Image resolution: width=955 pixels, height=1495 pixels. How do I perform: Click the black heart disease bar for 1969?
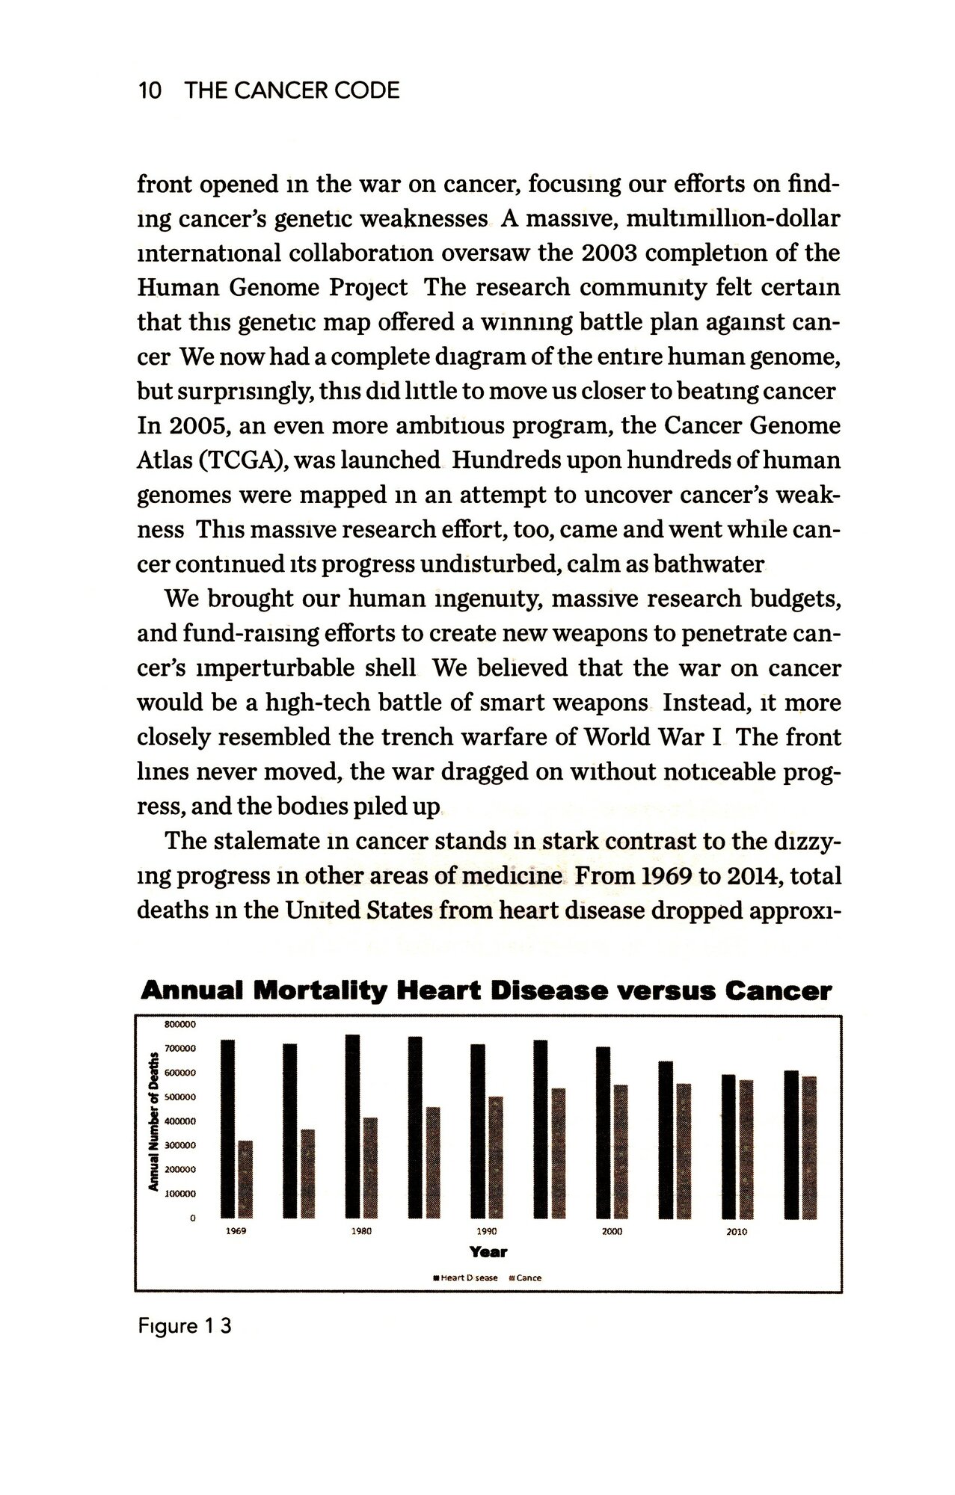[x=228, y=1129]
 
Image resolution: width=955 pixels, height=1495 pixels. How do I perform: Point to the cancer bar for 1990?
[x=496, y=1157]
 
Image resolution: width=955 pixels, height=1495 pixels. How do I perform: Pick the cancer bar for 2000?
[x=621, y=1152]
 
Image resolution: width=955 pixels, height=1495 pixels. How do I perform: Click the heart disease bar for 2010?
[x=728, y=1147]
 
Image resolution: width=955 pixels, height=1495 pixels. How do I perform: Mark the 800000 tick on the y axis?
[x=179, y=1024]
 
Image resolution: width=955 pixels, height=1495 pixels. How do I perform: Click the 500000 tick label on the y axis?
[x=179, y=1097]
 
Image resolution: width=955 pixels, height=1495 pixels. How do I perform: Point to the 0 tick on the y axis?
[x=192, y=1218]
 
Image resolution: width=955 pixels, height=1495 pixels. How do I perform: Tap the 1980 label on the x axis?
[x=361, y=1231]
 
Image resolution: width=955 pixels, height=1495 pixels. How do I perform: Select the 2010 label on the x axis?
[x=737, y=1232]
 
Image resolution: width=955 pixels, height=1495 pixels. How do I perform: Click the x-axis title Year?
[x=488, y=1252]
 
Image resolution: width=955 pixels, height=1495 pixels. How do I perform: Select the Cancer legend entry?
[x=525, y=1278]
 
